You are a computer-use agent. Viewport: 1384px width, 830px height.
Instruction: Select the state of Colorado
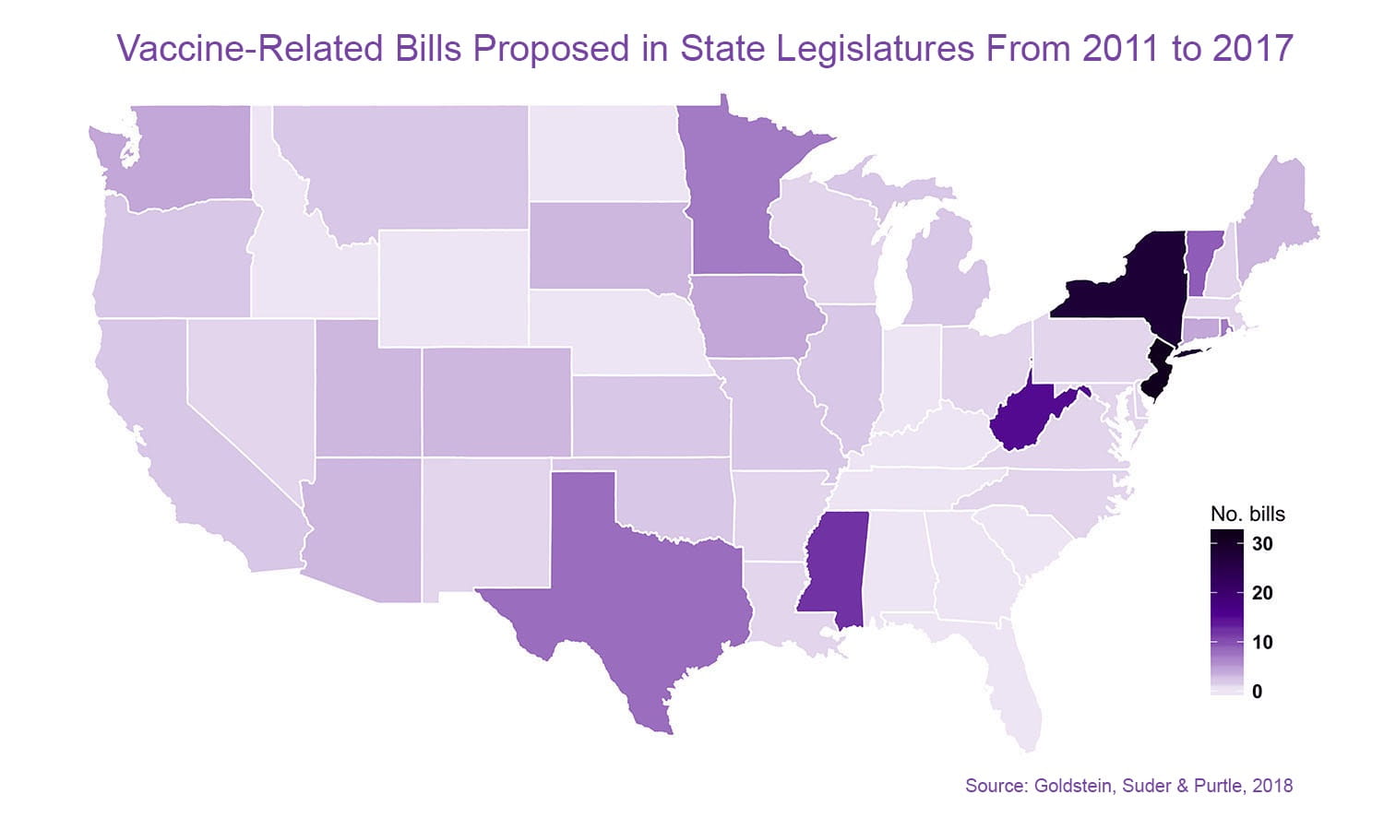[x=496, y=401]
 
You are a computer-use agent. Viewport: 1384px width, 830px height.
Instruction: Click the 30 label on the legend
[x=1262, y=544]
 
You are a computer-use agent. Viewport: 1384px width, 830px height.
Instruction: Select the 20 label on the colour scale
[x=1262, y=593]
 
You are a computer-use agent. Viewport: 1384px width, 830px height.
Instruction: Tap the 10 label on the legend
[x=1262, y=642]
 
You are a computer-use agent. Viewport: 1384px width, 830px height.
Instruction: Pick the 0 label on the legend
[x=1258, y=692]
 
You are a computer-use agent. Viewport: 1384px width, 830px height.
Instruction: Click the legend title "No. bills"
[x=1247, y=514]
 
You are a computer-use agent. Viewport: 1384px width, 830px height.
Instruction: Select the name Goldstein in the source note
[x=1073, y=786]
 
